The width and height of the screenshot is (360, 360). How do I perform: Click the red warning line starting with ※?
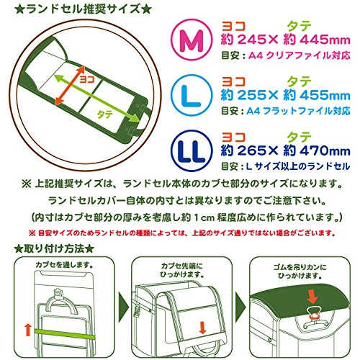pyautogui.click(x=179, y=233)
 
